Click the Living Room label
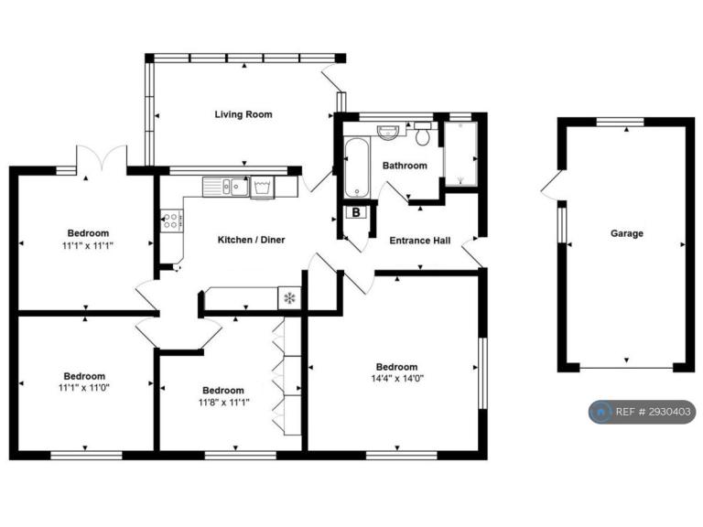243,114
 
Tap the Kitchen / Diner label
251,240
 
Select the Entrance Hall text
419,241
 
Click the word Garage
626,233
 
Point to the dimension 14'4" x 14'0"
397,378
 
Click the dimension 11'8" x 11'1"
223,402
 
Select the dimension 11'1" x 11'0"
84,387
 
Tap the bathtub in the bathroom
357,167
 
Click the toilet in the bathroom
422,133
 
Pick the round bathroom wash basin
388,132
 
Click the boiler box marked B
356,212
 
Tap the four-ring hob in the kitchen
172,220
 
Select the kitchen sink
226,187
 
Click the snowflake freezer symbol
289,298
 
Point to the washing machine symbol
263,188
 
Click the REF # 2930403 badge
642,412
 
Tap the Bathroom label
405,166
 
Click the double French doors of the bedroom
103,156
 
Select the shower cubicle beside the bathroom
460,154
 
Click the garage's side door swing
550,185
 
